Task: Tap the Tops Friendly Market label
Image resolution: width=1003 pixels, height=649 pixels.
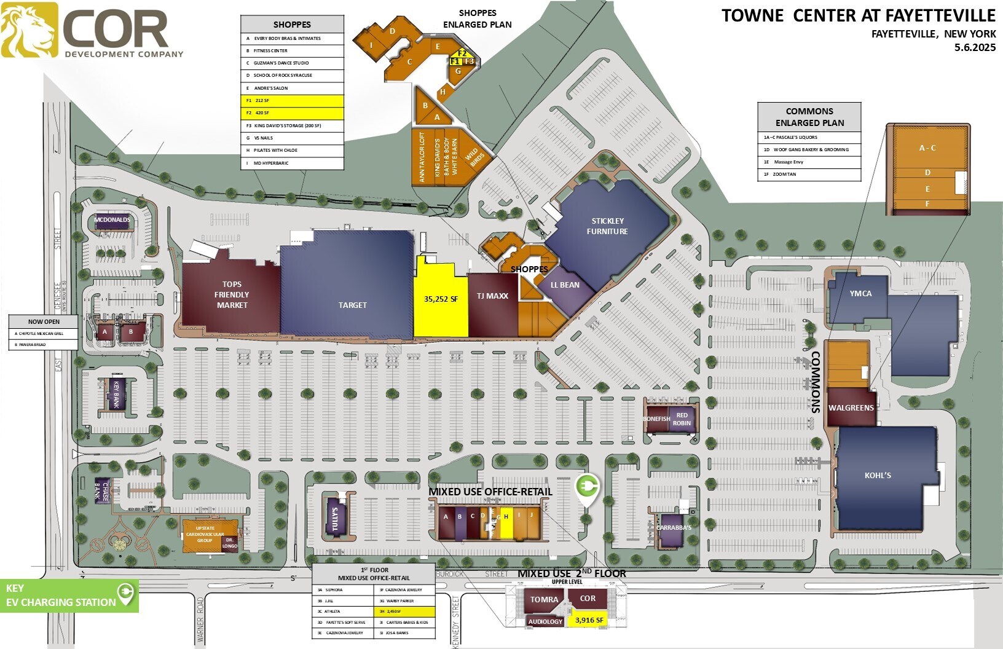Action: (x=232, y=294)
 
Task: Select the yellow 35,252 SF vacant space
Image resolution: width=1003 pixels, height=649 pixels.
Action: (x=441, y=299)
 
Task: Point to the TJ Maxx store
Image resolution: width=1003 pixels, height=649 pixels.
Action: (x=492, y=296)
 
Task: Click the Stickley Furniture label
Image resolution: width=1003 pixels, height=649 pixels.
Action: (x=607, y=226)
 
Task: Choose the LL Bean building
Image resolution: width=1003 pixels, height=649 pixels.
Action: (x=565, y=285)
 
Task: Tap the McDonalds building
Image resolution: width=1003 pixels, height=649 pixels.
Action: (x=112, y=220)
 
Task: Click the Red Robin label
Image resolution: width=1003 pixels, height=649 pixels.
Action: (x=682, y=419)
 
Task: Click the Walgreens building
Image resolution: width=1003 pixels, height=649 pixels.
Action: (x=851, y=407)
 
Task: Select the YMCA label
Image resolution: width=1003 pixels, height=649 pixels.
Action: (x=860, y=293)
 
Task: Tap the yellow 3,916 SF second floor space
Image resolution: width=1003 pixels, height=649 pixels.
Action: (x=589, y=620)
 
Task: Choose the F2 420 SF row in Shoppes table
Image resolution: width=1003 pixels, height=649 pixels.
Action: (x=292, y=113)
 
